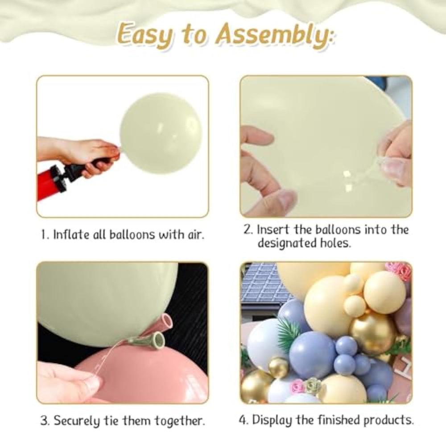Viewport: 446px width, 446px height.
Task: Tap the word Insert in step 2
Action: point(273,230)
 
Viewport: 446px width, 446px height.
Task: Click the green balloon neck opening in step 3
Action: point(158,339)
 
